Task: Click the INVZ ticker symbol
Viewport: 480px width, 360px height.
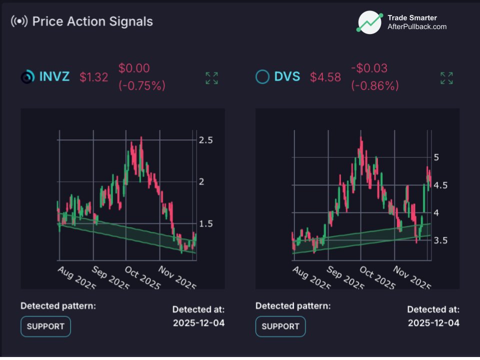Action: coord(54,77)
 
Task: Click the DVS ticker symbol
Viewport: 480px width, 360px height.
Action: coord(287,77)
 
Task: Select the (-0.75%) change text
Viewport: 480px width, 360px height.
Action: coord(141,86)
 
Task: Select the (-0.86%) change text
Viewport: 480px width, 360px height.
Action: coord(375,86)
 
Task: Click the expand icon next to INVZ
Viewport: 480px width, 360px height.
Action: coord(211,78)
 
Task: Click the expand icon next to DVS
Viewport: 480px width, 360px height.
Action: coord(446,78)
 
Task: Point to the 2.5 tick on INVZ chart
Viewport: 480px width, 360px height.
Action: coord(206,140)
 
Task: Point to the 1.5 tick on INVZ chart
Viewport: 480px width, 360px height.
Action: coord(206,223)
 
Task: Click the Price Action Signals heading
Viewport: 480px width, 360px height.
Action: coord(92,21)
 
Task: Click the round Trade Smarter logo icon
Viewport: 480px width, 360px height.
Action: coord(369,22)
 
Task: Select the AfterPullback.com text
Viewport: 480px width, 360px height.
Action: coord(417,27)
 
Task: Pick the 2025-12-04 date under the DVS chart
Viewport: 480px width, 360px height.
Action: coord(433,322)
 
